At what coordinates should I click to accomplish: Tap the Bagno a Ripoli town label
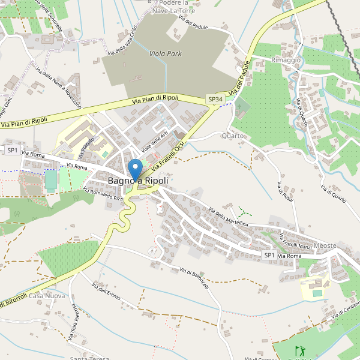tap(139, 180)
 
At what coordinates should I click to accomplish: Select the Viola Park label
tap(165, 53)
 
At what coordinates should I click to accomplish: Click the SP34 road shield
tap(215, 99)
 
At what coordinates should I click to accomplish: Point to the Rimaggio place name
tap(285, 61)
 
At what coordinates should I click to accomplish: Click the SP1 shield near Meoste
tap(269, 256)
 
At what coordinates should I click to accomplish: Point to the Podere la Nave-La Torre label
tap(174, 7)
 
